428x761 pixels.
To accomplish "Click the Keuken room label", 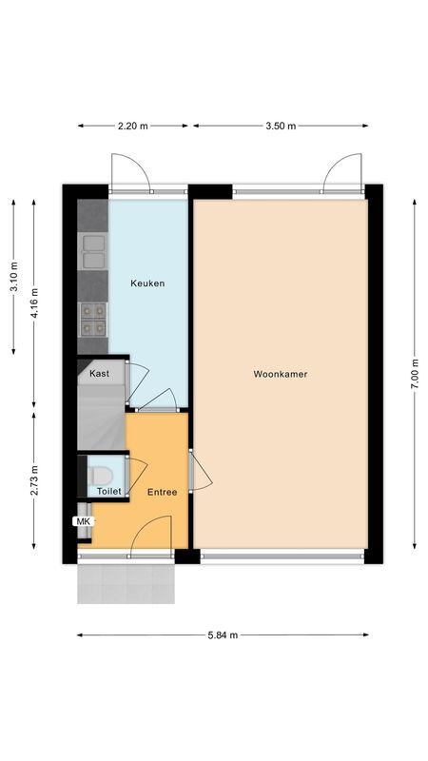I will pyautogui.click(x=147, y=283).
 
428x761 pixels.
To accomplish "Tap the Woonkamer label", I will pyautogui.click(x=281, y=374).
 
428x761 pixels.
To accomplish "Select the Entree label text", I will pyautogui.click(x=162, y=492).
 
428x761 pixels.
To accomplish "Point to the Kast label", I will pyautogui.click(x=99, y=374).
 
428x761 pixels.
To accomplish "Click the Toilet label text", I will pyautogui.click(x=109, y=492).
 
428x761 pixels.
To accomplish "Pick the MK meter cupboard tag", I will pyautogui.click(x=83, y=521).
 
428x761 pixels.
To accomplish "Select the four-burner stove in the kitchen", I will pyautogui.click(x=93, y=319).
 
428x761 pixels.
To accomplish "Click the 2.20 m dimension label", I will pyautogui.click(x=132, y=126).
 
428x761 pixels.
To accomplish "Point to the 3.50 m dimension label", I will pyautogui.click(x=281, y=126).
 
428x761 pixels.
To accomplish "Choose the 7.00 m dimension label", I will pyautogui.click(x=415, y=374).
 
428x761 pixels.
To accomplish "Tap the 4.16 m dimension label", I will pyautogui.click(x=34, y=305).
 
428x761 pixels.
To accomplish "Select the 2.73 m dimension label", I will pyautogui.click(x=34, y=480).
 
